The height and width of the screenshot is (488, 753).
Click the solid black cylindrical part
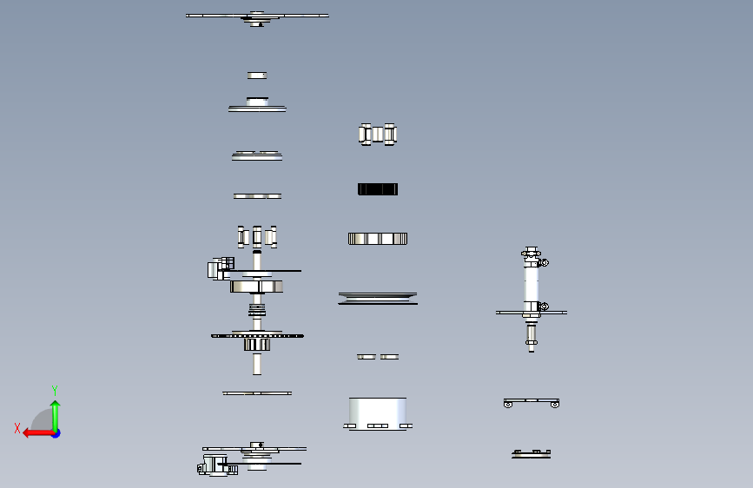coord(377,189)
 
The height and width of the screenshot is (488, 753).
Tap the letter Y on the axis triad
coord(55,390)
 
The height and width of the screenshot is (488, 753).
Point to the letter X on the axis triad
coord(17,428)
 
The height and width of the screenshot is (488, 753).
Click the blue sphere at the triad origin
coord(56,432)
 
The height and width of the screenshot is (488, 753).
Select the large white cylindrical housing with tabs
coord(377,412)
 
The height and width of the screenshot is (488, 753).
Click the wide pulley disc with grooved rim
coord(377,298)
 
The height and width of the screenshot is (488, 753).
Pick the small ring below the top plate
coord(257,76)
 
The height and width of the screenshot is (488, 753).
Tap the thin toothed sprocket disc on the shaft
coord(257,335)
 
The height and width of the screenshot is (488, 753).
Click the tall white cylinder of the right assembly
coord(531,283)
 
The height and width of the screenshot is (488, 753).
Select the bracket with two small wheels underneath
coord(531,402)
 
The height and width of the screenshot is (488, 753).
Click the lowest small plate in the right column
coord(531,453)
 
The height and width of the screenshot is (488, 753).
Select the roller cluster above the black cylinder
coord(377,134)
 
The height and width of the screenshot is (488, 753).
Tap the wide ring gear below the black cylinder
coord(377,239)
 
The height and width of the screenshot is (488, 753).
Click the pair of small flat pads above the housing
coord(377,356)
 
